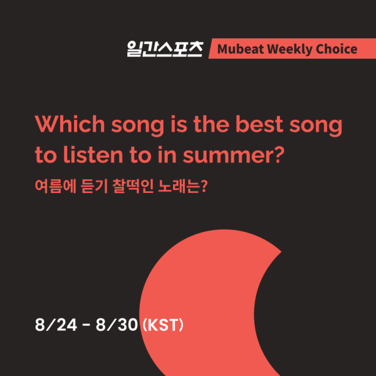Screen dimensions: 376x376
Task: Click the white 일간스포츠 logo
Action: click(x=165, y=49)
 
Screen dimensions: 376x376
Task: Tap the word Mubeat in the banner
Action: click(x=241, y=49)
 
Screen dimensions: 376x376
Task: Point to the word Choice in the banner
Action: click(x=337, y=49)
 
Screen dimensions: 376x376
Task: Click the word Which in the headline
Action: click(x=70, y=123)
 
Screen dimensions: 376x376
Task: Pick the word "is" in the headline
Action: click(x=179, y=124)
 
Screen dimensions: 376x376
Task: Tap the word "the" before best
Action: click(x=211, y=123)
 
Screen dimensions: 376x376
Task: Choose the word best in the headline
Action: click(x=259, y=123)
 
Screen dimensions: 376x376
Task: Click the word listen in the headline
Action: click(x=93, y=154)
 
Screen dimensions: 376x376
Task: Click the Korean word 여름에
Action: click(x=55, y=186)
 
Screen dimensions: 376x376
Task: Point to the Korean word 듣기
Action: click(x=94, y=186)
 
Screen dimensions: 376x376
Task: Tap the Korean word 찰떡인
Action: click(x=133, y=186)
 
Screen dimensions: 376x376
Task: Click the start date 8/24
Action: click(x=56, y=325)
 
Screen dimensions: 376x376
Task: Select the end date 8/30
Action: click(x=117, y=325)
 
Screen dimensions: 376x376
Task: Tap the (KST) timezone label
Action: click(x=163, y=325)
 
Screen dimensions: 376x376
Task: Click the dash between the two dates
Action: click(x=86, y=325)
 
